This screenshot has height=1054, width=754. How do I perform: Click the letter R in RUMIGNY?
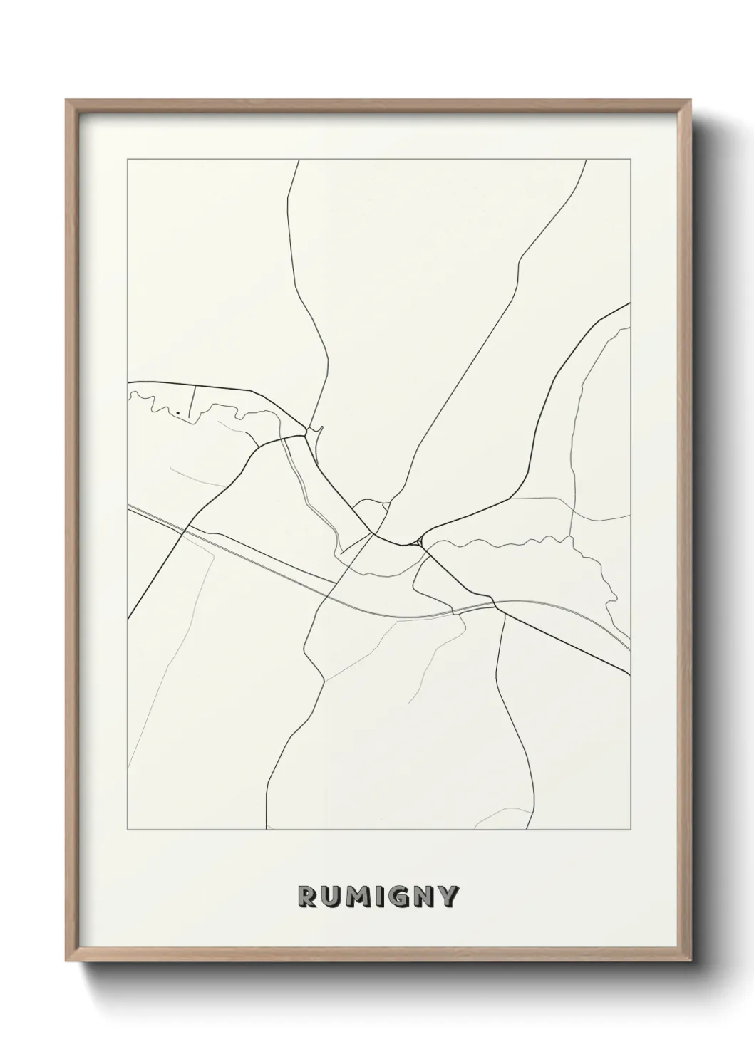coord(306,897)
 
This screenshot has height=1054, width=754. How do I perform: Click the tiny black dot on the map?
coord(175,412)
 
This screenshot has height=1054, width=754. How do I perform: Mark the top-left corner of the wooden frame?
coord(66,100)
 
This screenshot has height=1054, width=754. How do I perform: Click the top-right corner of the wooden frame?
coord(691,100)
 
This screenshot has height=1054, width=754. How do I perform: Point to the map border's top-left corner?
coord(128,160)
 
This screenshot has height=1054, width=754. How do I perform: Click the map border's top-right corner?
coord(631,160)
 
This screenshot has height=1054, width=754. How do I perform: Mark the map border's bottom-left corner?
coord(128,830)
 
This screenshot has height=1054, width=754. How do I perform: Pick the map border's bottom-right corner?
coord(631,830)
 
